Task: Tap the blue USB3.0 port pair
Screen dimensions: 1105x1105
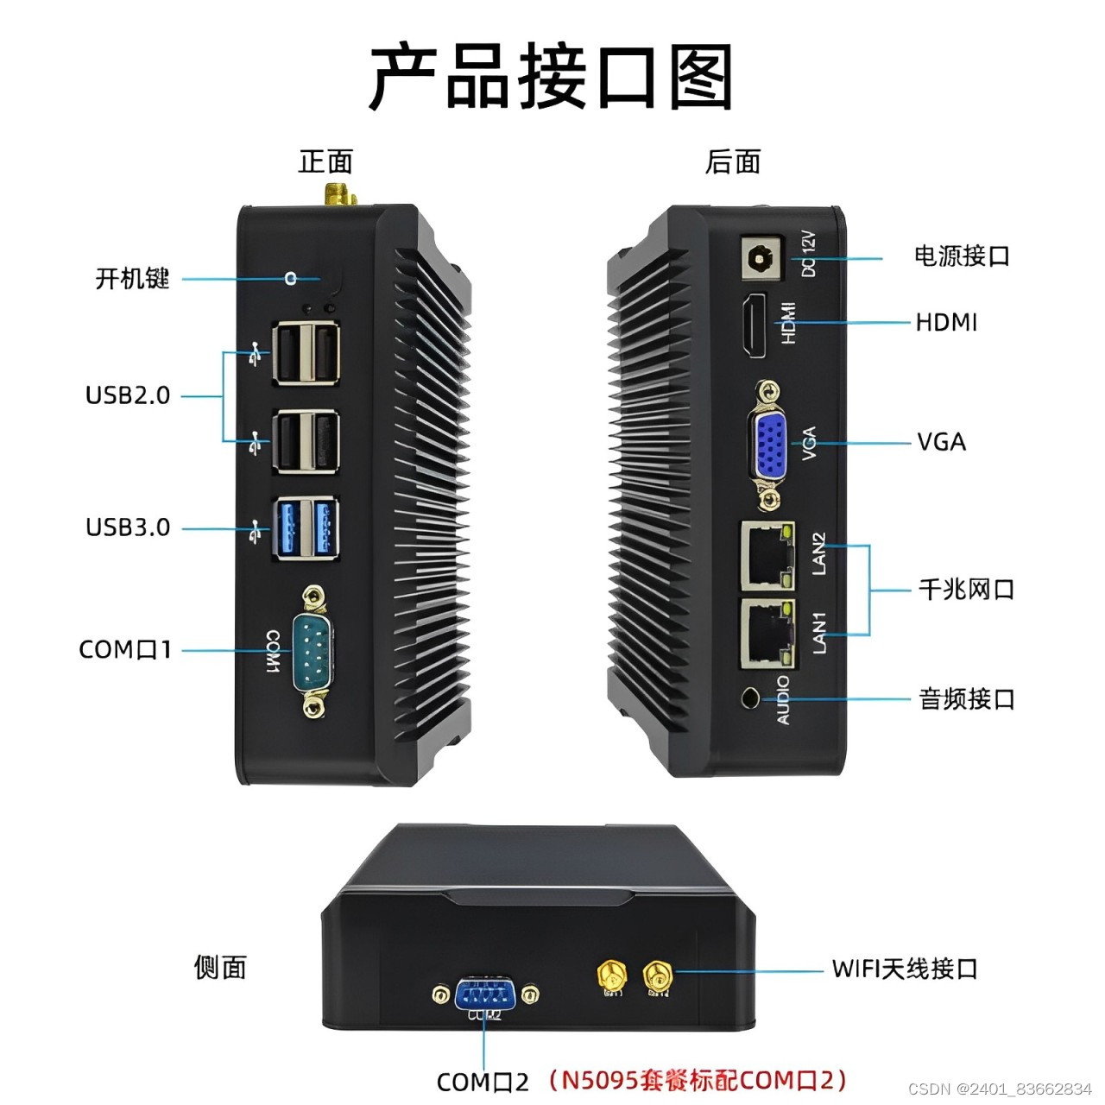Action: (x=305, y=527)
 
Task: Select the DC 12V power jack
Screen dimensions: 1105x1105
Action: (x=761, y=258)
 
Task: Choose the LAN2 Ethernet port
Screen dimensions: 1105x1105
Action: (x=766, y=552)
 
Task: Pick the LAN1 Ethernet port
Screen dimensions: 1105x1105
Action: (x=766, y=633)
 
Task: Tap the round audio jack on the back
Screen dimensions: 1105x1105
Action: (x=751, y=697)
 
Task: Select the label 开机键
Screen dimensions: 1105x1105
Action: (x=132, y=279)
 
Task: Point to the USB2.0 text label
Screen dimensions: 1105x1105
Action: (x=128, y=395)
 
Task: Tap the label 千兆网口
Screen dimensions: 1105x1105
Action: (x=966, y=590)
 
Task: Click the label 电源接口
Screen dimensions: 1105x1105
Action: (x=962, y=256)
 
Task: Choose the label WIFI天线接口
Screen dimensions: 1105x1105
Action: (x=904, y=969)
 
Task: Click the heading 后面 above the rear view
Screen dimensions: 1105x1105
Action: (x=732, y=161)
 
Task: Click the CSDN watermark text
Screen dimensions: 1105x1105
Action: (x=1000, y=1089)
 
